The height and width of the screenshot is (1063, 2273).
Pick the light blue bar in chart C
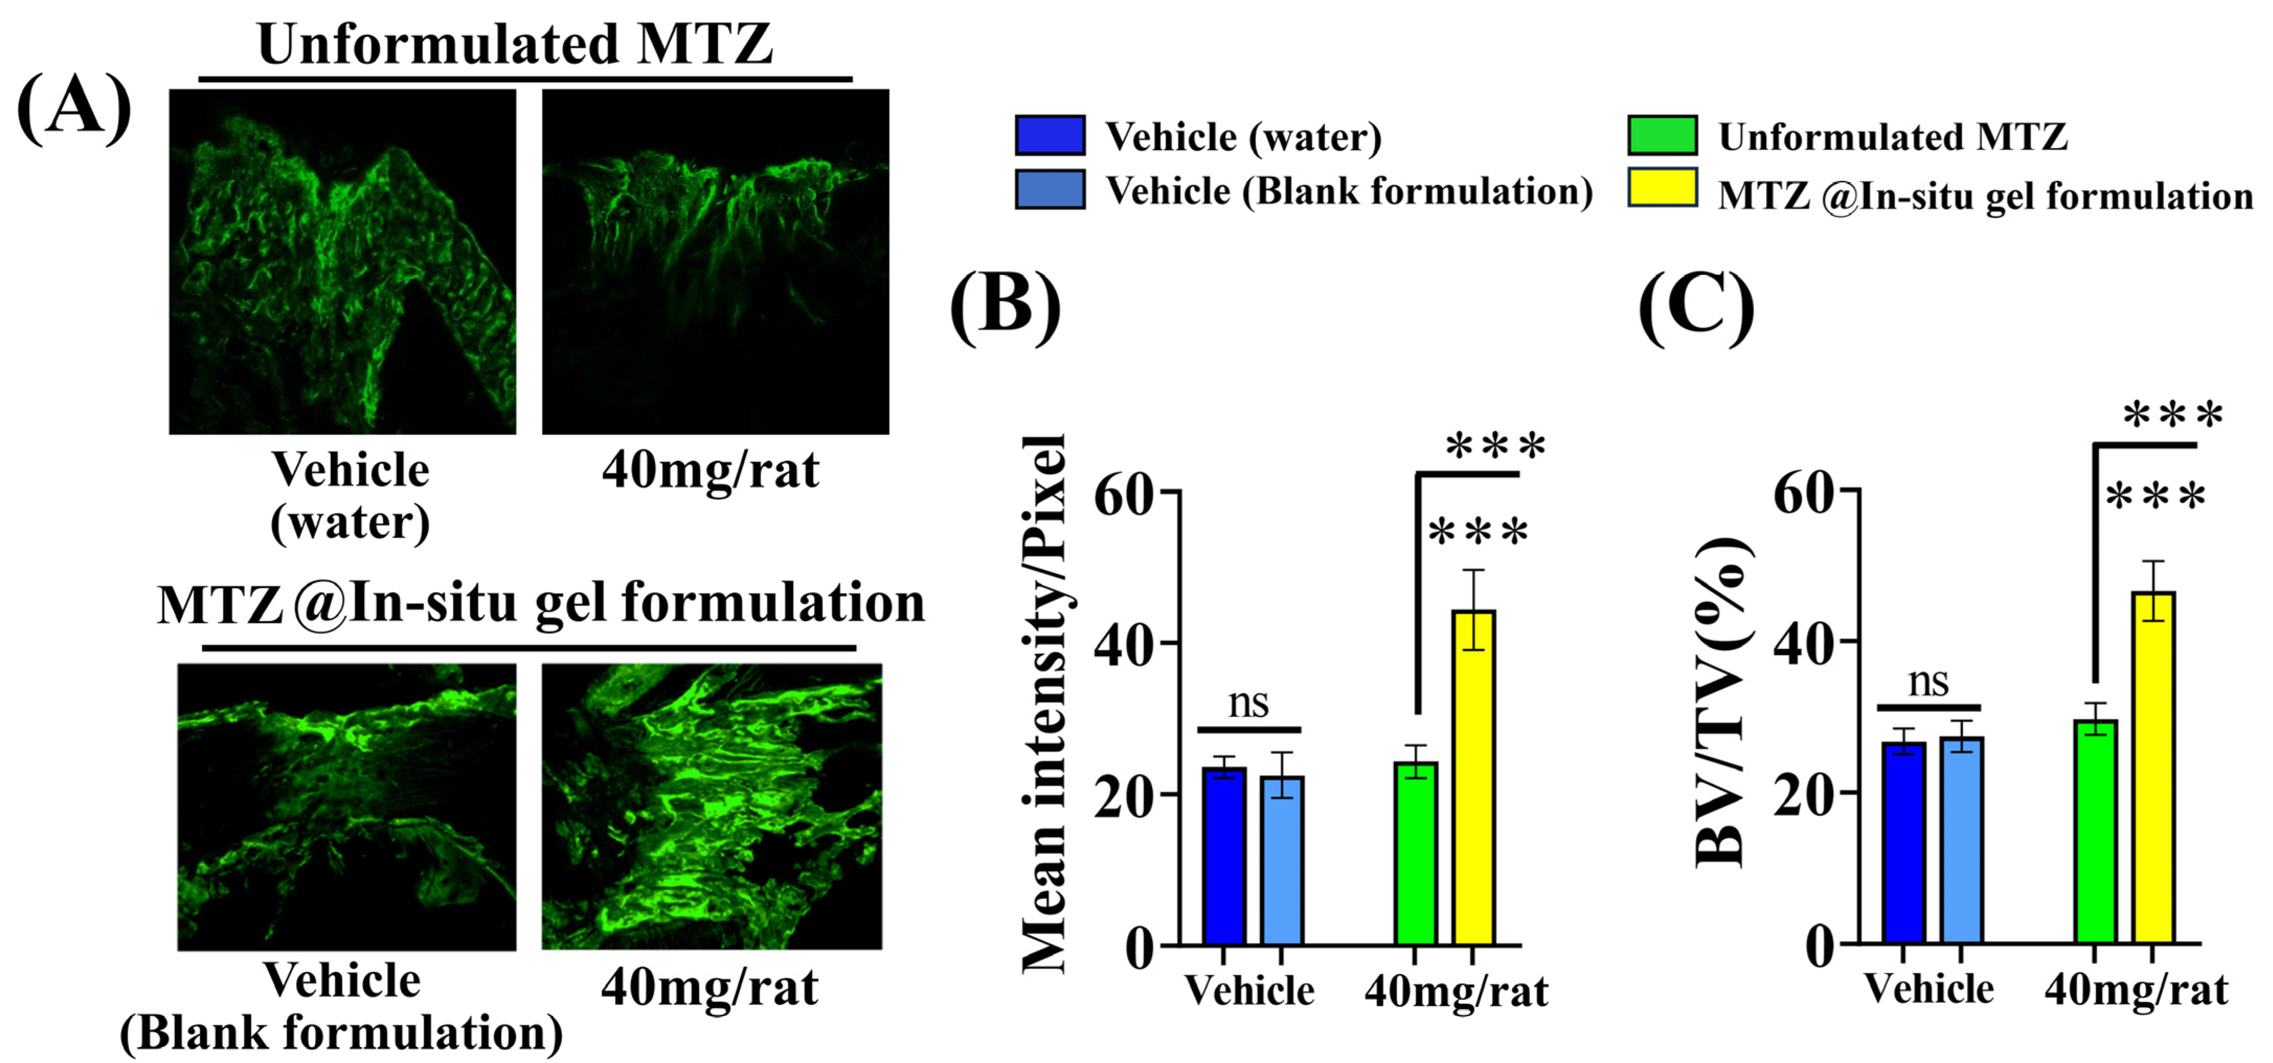pos(1961,840)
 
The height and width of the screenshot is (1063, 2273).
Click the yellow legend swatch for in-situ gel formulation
pos(1663,187)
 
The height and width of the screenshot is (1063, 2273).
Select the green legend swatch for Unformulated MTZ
pos(1663,135)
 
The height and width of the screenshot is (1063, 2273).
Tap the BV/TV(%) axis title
pos(1721,701)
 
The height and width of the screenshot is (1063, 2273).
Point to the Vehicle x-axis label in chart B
pos(1249,990)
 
